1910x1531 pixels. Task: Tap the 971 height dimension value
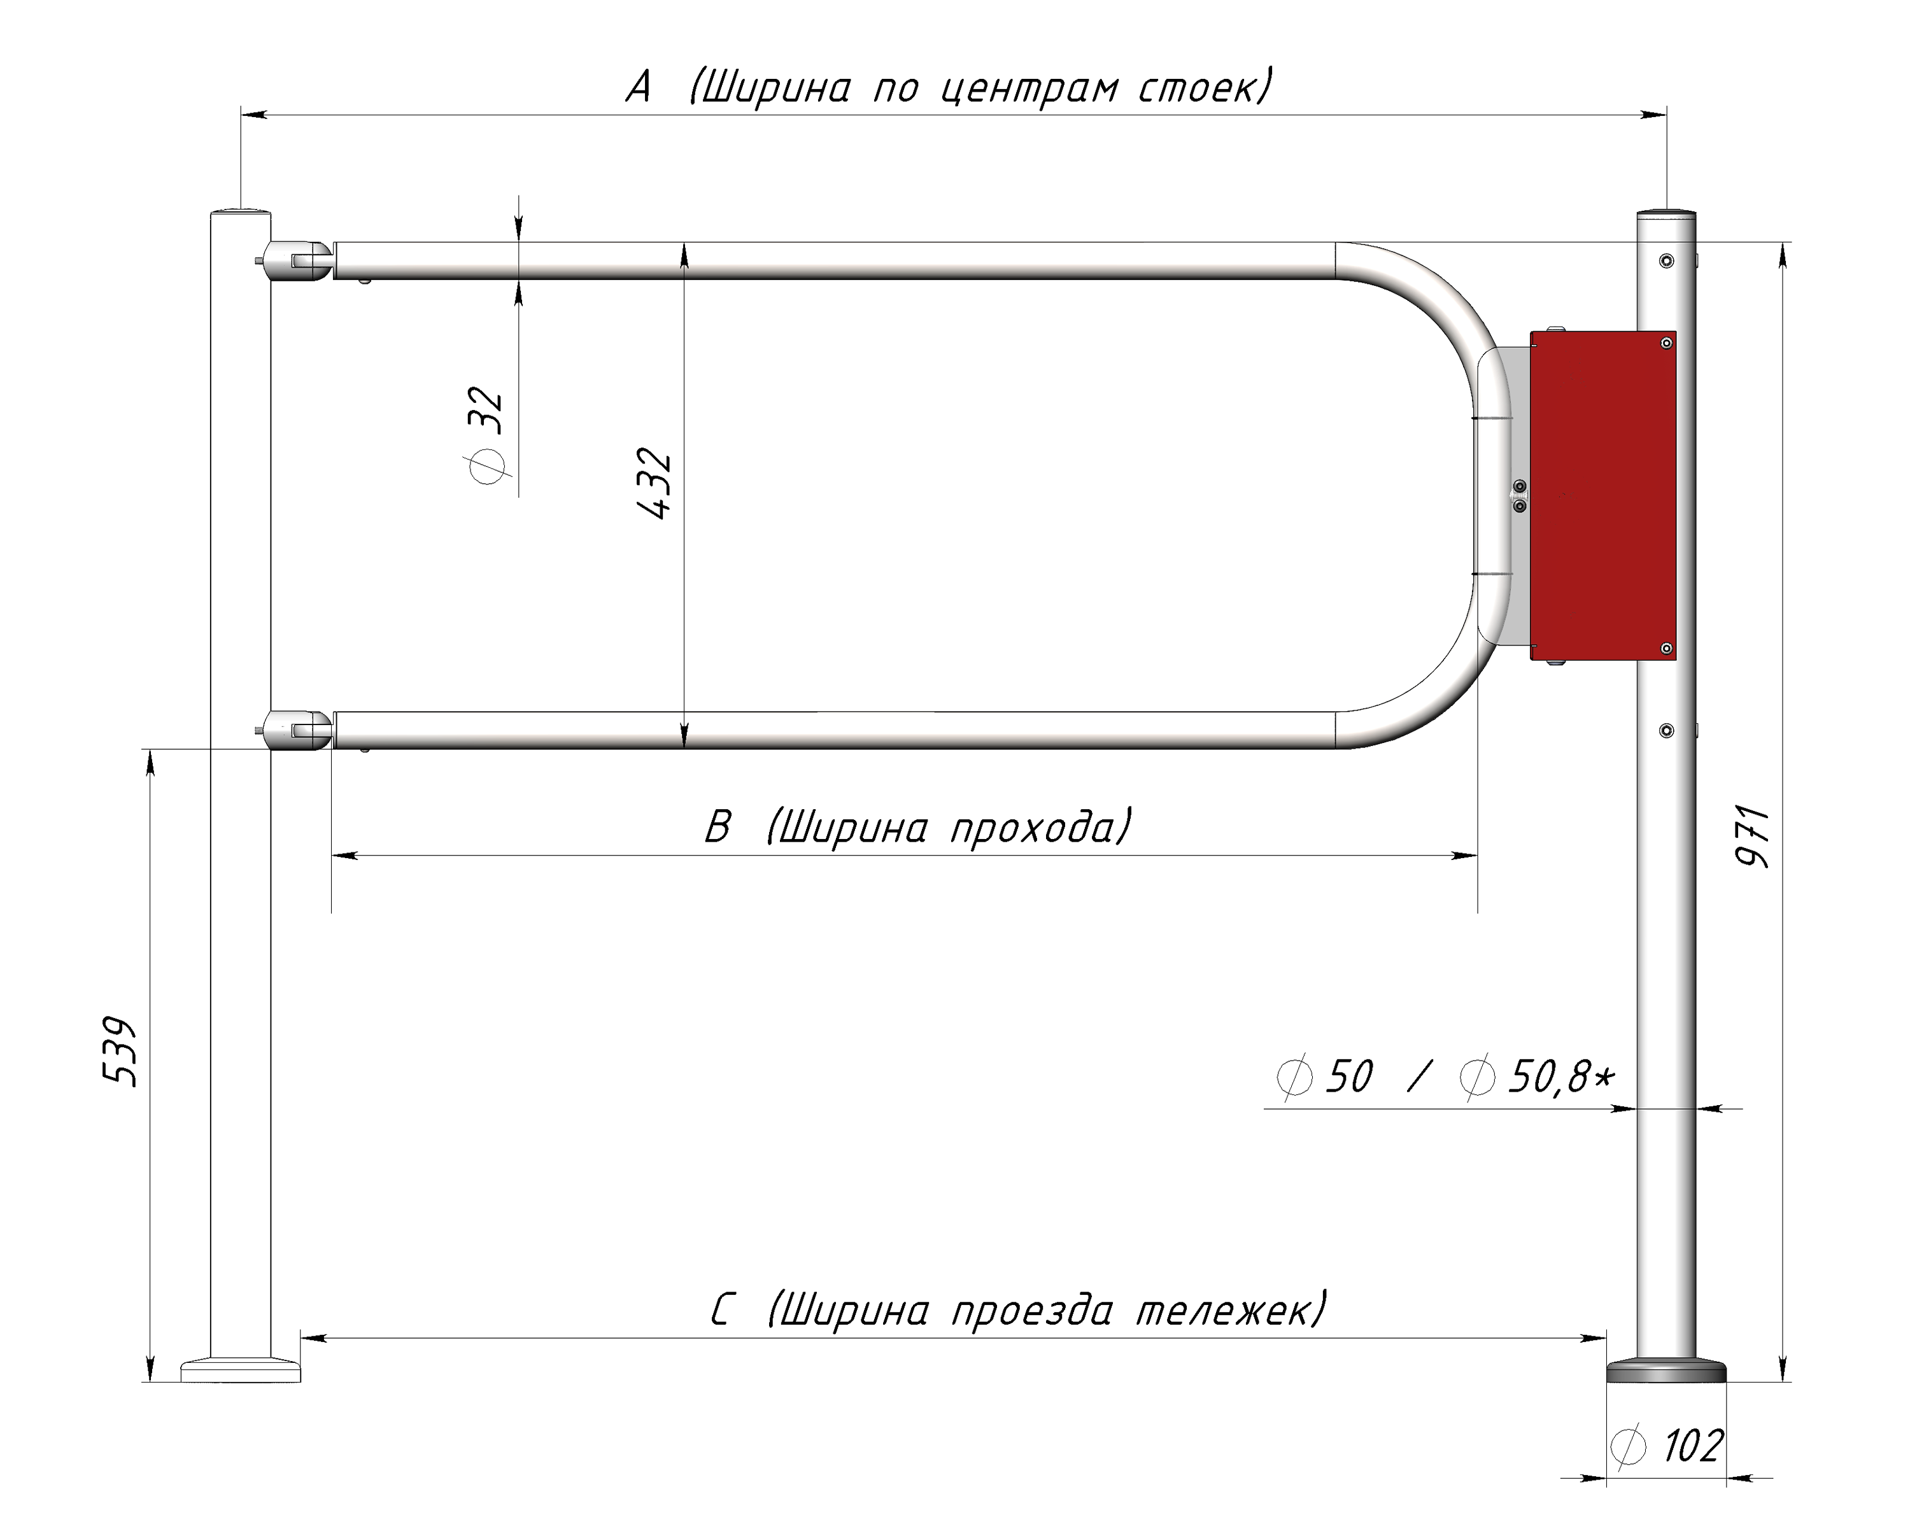[1751, 836]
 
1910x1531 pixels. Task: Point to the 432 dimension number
[654, 484]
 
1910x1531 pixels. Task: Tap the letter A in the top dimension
[639, 88]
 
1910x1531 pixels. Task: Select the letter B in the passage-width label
[718, 828]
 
